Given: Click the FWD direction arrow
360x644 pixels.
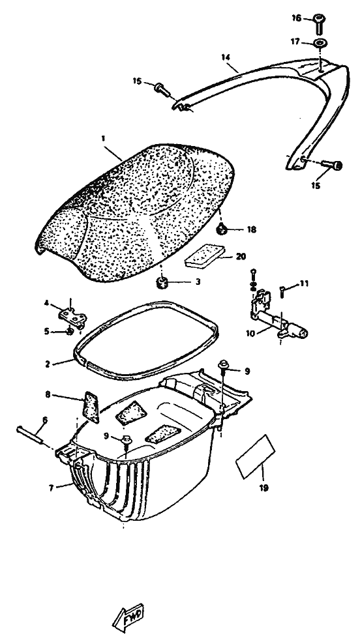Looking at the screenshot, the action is click(128, 617).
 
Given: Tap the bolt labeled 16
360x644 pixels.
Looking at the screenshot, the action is click(320, 24).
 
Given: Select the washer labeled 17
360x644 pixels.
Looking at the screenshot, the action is click(320, 43).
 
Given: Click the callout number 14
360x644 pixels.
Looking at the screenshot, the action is click(225, 57).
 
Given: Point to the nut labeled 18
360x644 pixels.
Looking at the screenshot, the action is click(222, 229).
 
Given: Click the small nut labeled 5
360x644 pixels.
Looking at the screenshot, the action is click(70, 330).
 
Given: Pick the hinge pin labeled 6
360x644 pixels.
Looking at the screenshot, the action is click(29, 435).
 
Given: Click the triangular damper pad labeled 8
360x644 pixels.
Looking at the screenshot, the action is click(92, 407).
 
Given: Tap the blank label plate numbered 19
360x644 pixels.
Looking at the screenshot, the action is click(256, 457).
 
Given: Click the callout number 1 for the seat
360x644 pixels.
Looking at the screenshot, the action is click(103, 139).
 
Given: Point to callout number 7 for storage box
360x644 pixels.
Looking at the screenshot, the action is click(52, 489).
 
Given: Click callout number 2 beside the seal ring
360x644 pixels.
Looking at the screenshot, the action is click(48, 364).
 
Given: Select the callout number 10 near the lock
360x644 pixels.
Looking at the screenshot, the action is click(250, 333).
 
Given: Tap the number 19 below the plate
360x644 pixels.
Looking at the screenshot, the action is click(264, 488).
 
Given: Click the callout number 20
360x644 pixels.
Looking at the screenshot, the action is click(241, 256).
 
